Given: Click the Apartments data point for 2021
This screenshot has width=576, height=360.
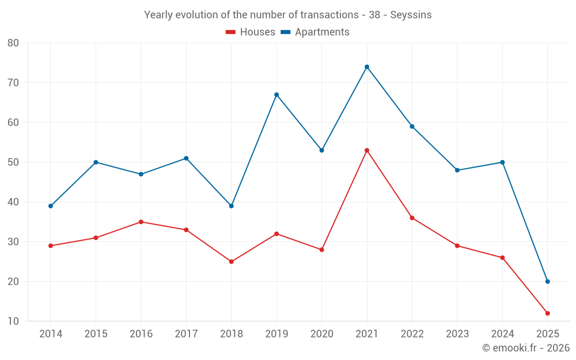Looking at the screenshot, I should pos(367,67).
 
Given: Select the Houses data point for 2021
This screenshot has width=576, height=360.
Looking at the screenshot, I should pos(367,150).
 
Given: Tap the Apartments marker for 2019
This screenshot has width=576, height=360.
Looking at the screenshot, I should pos(276,94).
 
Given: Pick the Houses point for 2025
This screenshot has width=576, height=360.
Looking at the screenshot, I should pos(547,313).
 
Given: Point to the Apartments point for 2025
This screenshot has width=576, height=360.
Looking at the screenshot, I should pos(547,282).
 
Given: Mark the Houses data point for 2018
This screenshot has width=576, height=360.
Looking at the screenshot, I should pos(232,262).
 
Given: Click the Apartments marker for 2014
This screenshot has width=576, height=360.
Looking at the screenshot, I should pos(51,206).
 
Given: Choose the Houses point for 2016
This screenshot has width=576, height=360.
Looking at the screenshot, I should pos(141,222).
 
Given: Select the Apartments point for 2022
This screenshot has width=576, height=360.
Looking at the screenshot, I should pos(412,126).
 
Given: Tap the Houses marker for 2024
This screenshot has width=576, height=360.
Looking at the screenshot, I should pos(502,257).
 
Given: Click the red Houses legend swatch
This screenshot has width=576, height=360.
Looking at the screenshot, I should pos(230,32).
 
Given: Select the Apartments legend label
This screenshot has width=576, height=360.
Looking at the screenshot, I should pos(322,32).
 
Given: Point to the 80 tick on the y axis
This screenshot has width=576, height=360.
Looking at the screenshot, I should pos(13,43).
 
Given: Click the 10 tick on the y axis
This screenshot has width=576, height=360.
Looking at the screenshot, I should pos(13,321).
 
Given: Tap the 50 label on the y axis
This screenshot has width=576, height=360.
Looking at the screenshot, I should pos(13,162).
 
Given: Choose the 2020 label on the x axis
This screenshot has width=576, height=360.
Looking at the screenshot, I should pos(321,334).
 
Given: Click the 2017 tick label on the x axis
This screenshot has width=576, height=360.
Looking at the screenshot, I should pos(186,334).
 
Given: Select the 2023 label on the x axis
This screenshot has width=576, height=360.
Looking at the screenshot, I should pos(457,334).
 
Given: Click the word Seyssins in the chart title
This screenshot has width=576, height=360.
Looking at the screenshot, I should pos(411,15).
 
